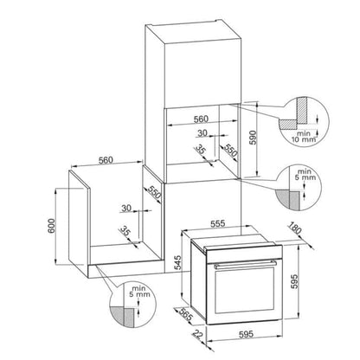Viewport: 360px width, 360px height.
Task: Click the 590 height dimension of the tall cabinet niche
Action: click(x=253, y=138)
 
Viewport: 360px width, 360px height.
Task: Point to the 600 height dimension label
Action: click(x=51, y=227)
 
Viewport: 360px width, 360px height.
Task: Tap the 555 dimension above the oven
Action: click(x=217, y=223)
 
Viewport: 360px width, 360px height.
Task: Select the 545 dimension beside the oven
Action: click(x=178, y=262)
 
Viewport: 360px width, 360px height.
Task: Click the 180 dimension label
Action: click(x=295, y=228)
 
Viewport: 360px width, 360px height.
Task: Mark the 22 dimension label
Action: click(x=197, y=334)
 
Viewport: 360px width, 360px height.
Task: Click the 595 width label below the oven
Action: click(x=246, y=334)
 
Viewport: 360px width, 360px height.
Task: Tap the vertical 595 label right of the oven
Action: click(x=293, y=280)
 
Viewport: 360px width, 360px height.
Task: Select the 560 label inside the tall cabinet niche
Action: click(x=201, y=119)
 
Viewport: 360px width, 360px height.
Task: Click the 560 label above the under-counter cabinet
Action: click(x=106, y=160)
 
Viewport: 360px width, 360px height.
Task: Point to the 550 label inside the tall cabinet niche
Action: click(x=231, y=151)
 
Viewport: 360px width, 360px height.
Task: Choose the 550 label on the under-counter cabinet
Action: click(x=154, y=192)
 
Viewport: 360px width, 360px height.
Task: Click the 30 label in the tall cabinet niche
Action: click(x=202, y=133)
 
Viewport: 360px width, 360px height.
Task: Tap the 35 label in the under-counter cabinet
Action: click(x=125, y=230)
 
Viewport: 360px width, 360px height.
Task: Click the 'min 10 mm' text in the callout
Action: click(x=303, y=137)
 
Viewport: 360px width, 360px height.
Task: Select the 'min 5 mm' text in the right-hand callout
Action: click(x=305, y=174)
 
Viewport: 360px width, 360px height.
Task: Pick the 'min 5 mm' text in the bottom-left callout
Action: click(x=139, y=291)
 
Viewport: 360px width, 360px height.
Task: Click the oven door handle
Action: click(x=245, y=265)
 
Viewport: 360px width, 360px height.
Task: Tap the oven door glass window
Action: click(x=245, y=290)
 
